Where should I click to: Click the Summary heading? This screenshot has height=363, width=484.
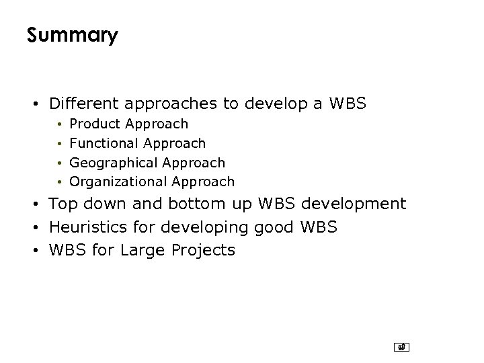pyautogui.click(x=72, y=35)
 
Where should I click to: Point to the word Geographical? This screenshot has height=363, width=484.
pyautogui.click(x=111, y=163)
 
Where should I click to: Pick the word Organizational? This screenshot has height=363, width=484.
pyautogui.click(x=118, y=182)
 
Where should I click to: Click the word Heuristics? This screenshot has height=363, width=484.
pyautogui.click(x=85, y=227)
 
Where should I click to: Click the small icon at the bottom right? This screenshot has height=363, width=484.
pyautogui.click(x=401, y=348)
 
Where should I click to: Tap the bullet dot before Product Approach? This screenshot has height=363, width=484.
pyautogui.click(x=60, y=124)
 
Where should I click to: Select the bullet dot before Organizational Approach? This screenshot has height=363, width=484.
pyautogui.click(x=60, y=182)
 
